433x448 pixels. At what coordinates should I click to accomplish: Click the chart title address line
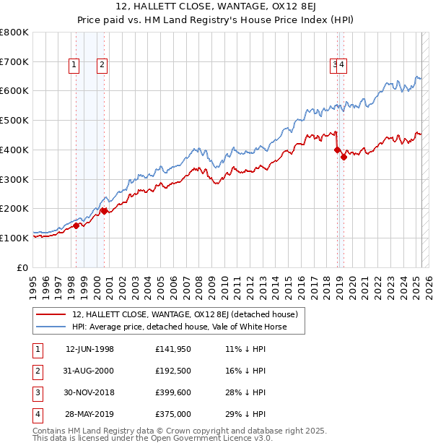point(216,7)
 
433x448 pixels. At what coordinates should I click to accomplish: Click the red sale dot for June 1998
point(76,225)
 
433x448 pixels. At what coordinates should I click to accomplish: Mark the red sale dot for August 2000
point(104,210)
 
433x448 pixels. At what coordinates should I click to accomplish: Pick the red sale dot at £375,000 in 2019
point(344,157)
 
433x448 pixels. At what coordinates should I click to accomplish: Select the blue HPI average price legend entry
point(179,327)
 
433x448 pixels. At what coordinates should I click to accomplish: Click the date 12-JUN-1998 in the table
point(89,349)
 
